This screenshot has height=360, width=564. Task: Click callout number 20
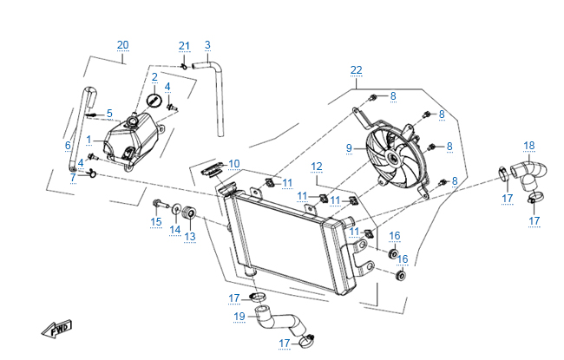coord(122,45)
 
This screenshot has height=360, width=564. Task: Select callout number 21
coord(184,45)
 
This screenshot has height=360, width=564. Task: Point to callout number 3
coord(207,45)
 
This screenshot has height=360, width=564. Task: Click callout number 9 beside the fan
coord(350,148)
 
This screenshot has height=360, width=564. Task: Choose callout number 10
coord(233,163)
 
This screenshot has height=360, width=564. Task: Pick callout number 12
coord(317,166)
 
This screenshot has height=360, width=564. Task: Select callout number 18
coord(529,145)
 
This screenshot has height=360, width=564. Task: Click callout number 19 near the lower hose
coord(240,317)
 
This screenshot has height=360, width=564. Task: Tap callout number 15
coord(156,222)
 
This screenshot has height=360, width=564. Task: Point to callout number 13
coord(189,236)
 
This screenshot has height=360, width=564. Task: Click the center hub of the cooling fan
coord(396,158)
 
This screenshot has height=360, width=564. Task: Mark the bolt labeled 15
coord(157,206)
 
